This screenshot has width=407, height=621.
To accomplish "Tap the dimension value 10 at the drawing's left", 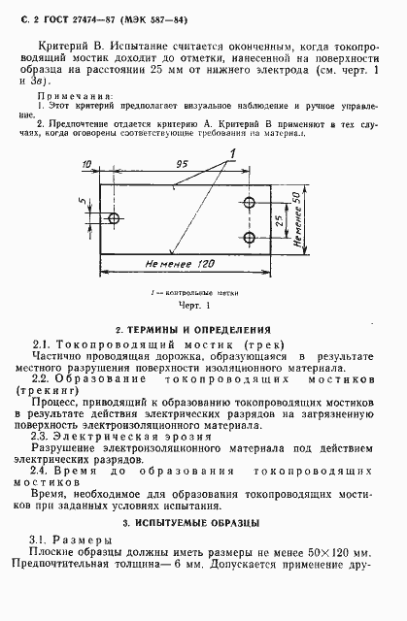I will (87, 165).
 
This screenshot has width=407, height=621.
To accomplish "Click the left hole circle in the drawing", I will (115, 219).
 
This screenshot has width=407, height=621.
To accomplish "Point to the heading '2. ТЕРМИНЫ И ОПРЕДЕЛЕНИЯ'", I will (204, 330).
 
